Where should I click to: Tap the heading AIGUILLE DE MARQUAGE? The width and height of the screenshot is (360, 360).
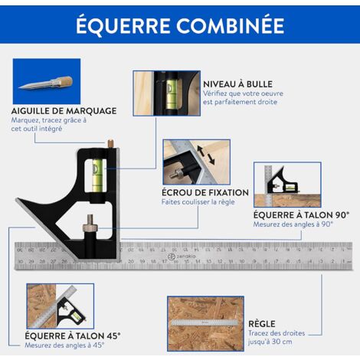(64, 110)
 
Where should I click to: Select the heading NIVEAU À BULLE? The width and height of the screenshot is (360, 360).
(237, 83)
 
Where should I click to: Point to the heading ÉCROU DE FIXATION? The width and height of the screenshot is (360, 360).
(205, 192)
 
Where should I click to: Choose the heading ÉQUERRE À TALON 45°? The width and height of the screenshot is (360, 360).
(72, 335)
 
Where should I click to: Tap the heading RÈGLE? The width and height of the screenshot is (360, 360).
(262, 324)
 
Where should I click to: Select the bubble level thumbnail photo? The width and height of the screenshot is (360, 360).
(165, 93)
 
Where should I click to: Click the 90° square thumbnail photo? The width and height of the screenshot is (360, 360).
(287, 185)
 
